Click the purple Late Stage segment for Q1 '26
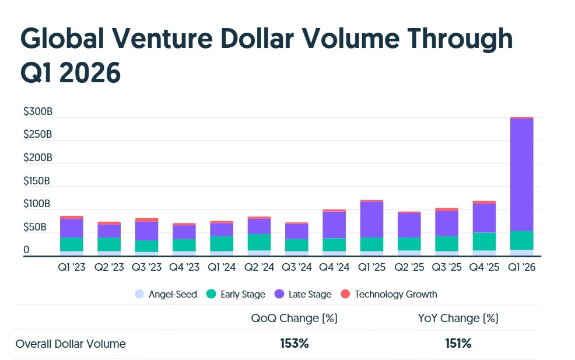(x=521, y=175)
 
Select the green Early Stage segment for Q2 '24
(x=260, y=242)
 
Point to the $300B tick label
(x=38, y=111)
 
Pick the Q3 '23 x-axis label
(x=146, y=267)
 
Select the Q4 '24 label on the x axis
(x=334, y=267)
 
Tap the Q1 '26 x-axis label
(x=521, y=267)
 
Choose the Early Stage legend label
(x=243, y=295)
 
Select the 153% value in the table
(x=294, y=344)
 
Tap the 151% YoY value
(x=458, y=344)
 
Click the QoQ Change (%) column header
(x=294, y=319)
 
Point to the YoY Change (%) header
(x=458, y=319)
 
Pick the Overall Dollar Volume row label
(x=71, y=344)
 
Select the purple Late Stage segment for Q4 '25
(x=484, y=218)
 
